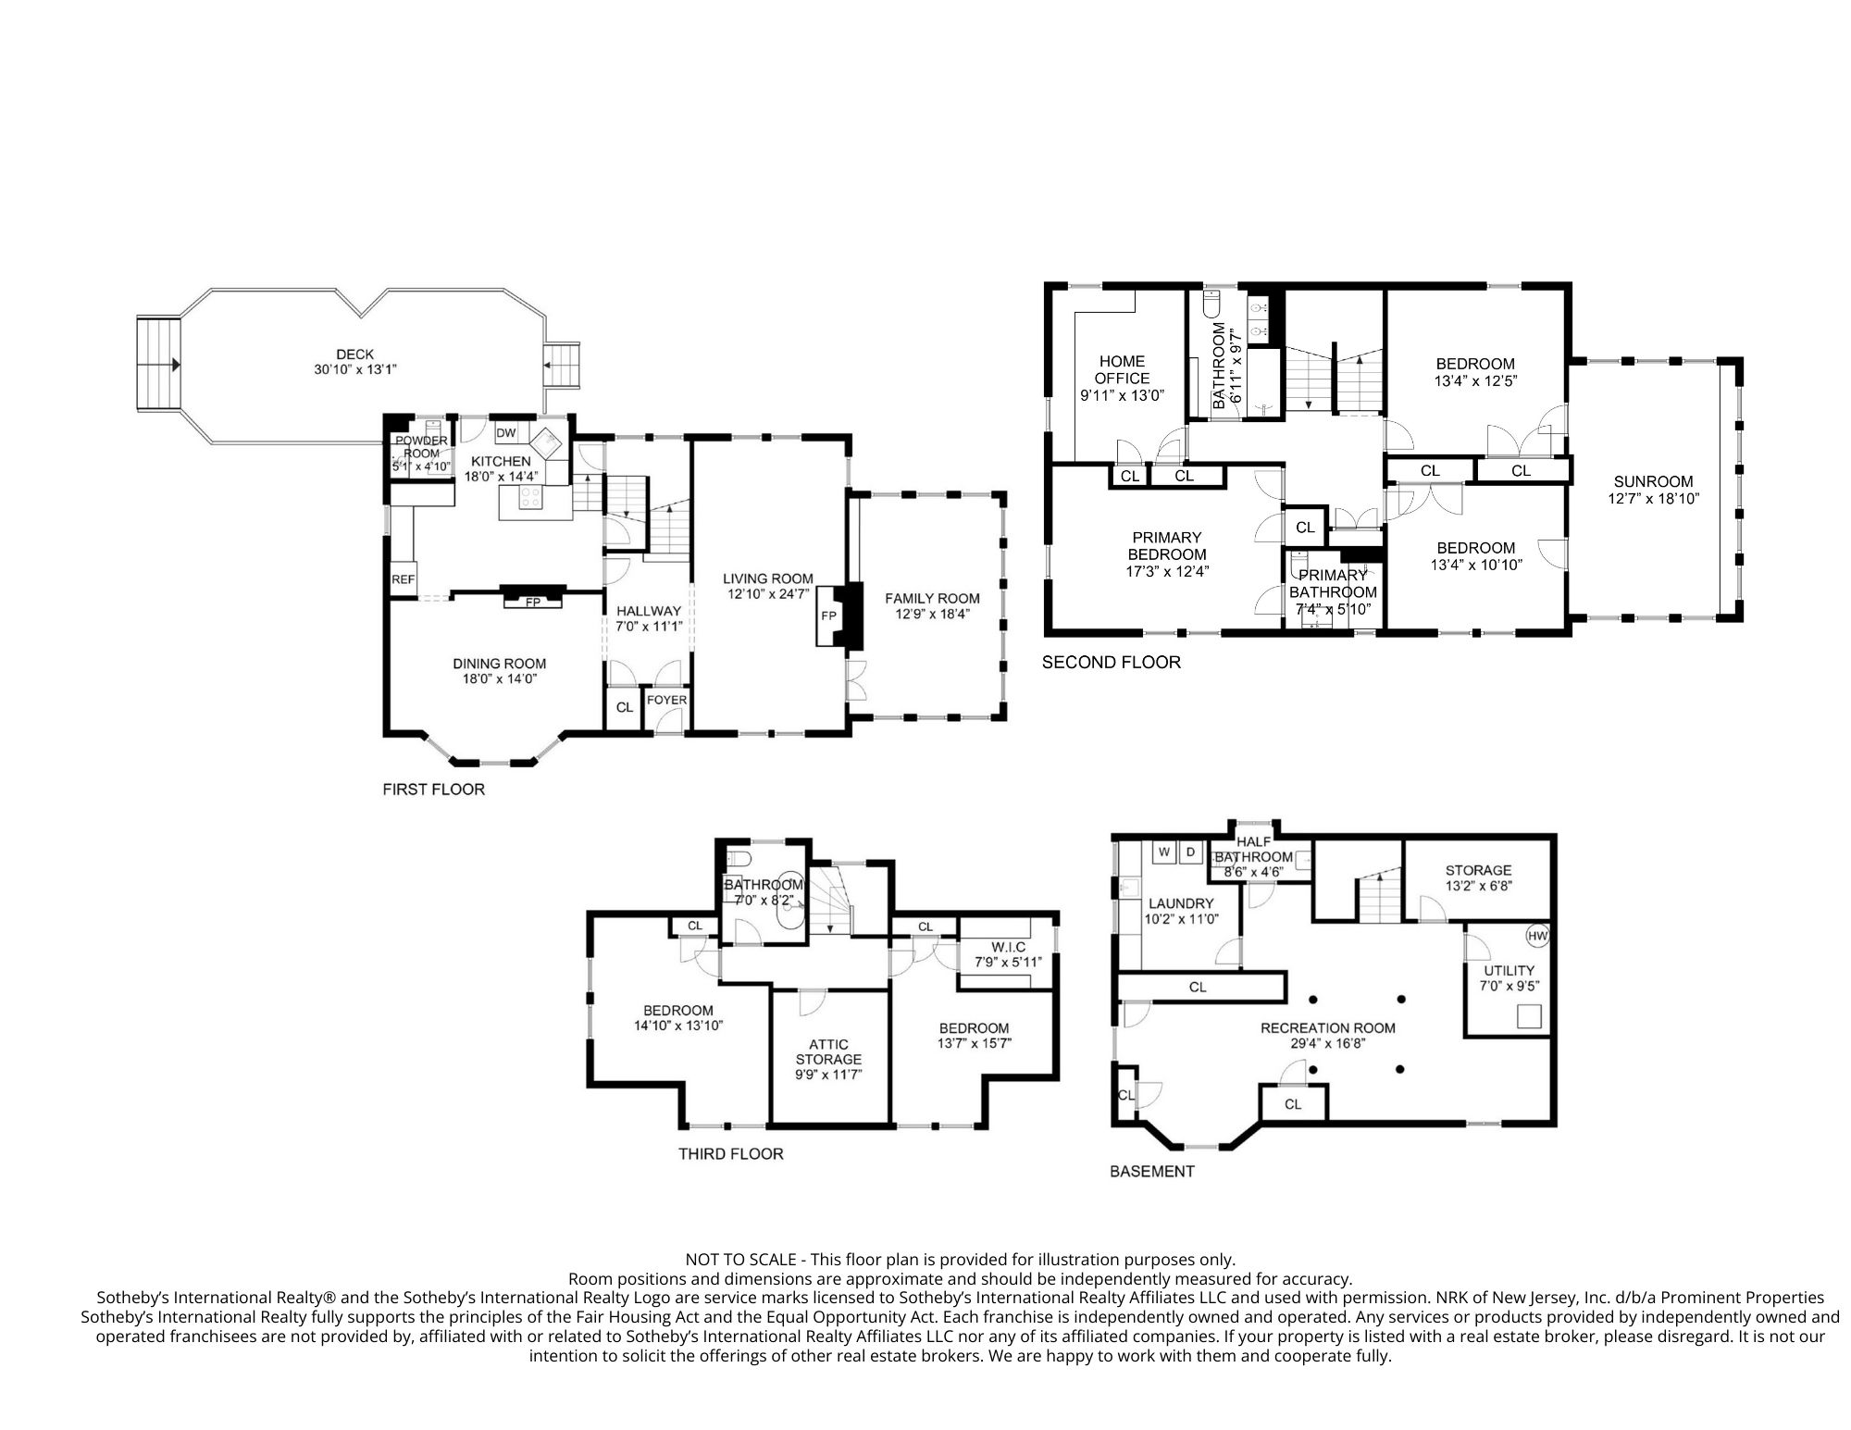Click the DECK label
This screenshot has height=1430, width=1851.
(x=354, y=354)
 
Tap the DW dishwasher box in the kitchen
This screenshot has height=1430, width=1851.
(x=506, y=433)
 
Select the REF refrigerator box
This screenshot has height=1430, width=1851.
(x=403, y=579)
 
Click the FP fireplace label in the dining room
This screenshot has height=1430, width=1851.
(x=533, y=603)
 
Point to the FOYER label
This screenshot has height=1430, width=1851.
(x=666, y=700)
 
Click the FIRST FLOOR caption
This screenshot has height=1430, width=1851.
(x=433, y=790)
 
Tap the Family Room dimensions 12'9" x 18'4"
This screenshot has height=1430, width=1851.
(x=932, y=614)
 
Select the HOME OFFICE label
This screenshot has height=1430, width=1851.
(x=1122, y=369)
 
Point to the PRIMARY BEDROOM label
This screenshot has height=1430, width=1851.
(x=1167, y=546)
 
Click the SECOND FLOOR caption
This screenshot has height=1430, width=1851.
(x=1112, y=663)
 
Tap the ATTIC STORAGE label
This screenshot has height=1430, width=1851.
(x=829, y=1052)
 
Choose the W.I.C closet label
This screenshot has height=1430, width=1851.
(x=1007, y=947)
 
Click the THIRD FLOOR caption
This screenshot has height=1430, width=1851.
(x=731, y=1154)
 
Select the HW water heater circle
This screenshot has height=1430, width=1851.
(x=1537, y=937)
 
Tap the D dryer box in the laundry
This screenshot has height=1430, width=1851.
(x=1190, y=852)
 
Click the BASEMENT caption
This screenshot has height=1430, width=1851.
(x=1152, y=1172)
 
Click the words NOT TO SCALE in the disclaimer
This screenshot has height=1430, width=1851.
(x=740, y=1260)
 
